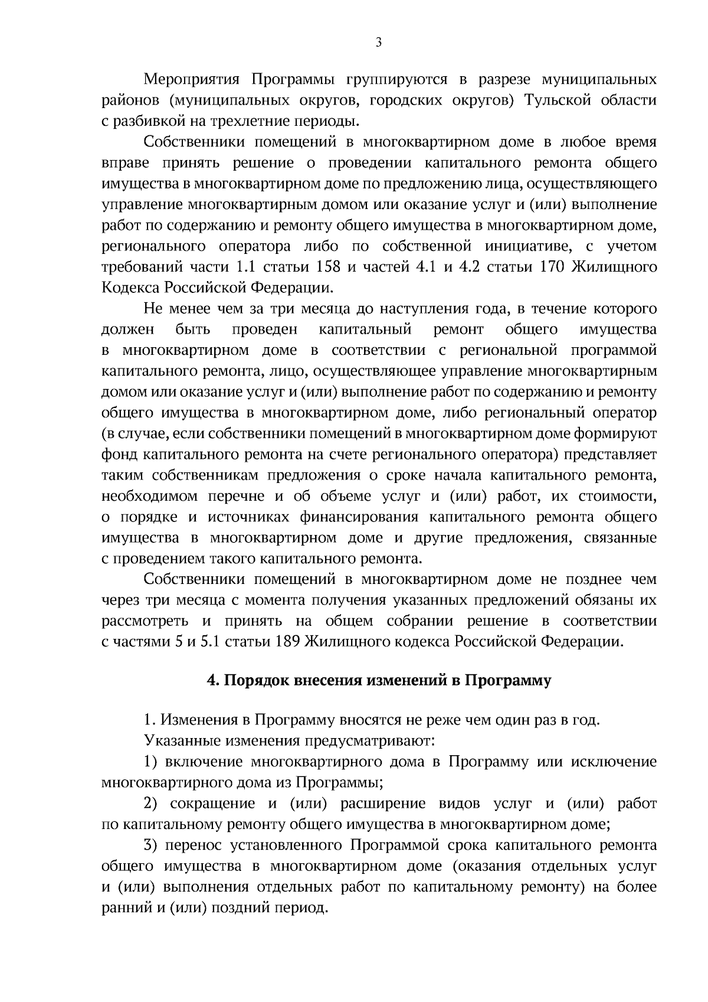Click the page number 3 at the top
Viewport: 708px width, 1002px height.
[378, 42]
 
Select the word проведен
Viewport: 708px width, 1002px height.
[265, 329]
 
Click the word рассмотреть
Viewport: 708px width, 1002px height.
[145, 621]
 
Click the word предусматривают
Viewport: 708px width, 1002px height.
[371, 740]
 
